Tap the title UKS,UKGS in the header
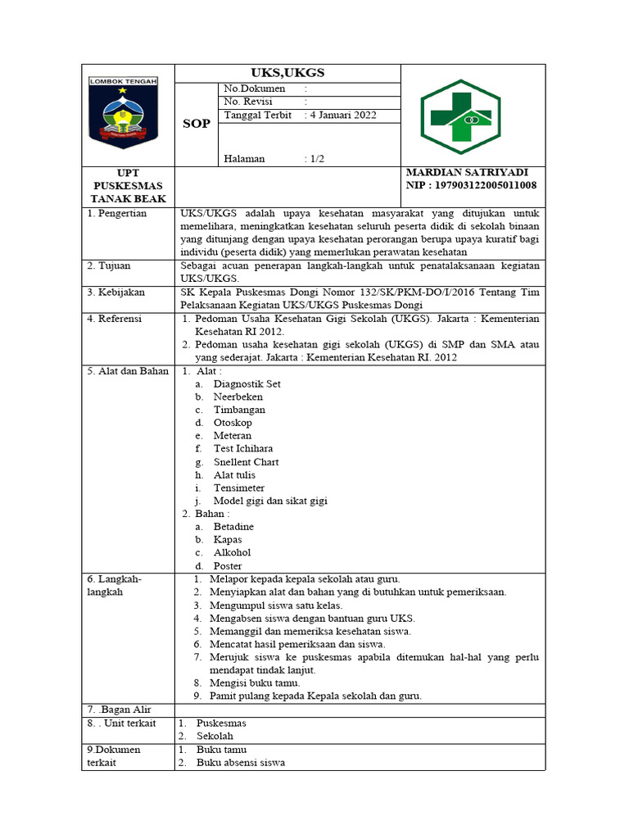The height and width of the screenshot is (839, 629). coord(287,73)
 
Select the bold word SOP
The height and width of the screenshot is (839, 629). coord(196,124)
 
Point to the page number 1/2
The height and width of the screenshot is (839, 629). coord(314,158)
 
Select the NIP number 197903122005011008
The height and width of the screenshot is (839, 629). coord(483,185)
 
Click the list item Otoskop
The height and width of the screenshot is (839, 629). coord(233,423)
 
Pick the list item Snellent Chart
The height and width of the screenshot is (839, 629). coord(246,462)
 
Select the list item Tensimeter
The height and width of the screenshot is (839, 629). coord(239,488)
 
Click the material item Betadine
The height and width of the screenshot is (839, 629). coord(233,527)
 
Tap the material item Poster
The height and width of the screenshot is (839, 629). coord(228,566)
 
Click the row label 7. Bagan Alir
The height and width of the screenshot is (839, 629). coord(119,709)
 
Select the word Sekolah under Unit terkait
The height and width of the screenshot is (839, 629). coord(215,737)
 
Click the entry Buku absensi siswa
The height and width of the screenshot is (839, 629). coord(241,763)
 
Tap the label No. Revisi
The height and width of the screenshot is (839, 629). coord(249,102)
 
